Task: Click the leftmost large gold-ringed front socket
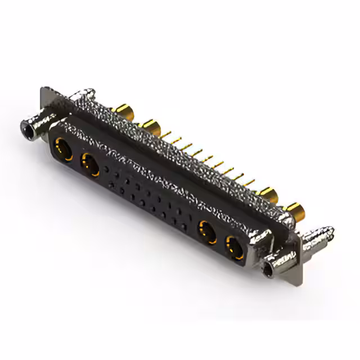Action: point(61,150)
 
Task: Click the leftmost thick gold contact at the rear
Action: point(122,109)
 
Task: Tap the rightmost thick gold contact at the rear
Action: point(295,212)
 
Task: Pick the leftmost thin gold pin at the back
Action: point(167,134)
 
